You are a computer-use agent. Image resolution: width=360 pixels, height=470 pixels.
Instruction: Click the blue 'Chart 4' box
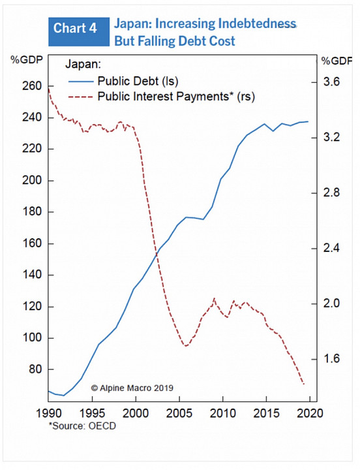pyautogui.click(x=79, y=31)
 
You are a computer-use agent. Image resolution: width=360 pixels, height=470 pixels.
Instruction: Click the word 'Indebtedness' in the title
pyautogui.click(x=257, y=23)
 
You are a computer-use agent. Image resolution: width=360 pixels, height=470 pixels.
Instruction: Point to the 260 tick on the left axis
pyautogui.click(x=32, y=86)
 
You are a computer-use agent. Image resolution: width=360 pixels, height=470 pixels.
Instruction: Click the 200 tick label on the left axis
pyautogui.click(x=32, y=180)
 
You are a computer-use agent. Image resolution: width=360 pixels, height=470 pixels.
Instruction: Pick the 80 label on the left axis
pyautogui.click(x=35, y=369)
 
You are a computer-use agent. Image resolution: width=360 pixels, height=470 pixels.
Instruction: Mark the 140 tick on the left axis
pyautogui.click(x=32, y=275)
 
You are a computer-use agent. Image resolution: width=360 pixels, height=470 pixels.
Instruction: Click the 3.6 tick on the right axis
pyautogui.click(x=331, y=82)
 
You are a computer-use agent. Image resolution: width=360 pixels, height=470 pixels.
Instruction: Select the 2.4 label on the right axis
pyautogui.click(x=331, y=248)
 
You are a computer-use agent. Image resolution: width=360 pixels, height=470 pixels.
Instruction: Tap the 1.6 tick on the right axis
pyautogui.click(x=331, y=359)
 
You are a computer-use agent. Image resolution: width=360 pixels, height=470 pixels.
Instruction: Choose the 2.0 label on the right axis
pyautogui.click(x=331, y=304)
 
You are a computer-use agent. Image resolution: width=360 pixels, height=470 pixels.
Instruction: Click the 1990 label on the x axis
pyautogui.click(x=49, y=413)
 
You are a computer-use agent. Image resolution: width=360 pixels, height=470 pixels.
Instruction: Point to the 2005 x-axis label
pyautogui.click(x=179, y=413)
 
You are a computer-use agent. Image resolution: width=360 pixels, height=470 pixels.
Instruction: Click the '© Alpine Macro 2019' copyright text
pyautogui.click(x=132, y=388)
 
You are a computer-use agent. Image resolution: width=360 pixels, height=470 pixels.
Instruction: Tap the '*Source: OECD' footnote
pyautogui.click(x=82, y=426)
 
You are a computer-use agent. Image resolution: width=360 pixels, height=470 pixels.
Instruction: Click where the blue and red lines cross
pyautogui.click(x=157, y=254)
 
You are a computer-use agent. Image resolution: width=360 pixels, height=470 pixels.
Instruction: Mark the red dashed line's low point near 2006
pyautogui.click(x=186, y=346)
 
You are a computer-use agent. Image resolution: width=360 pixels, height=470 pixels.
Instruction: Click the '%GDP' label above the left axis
pyautogui.click(x=27, y=60)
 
